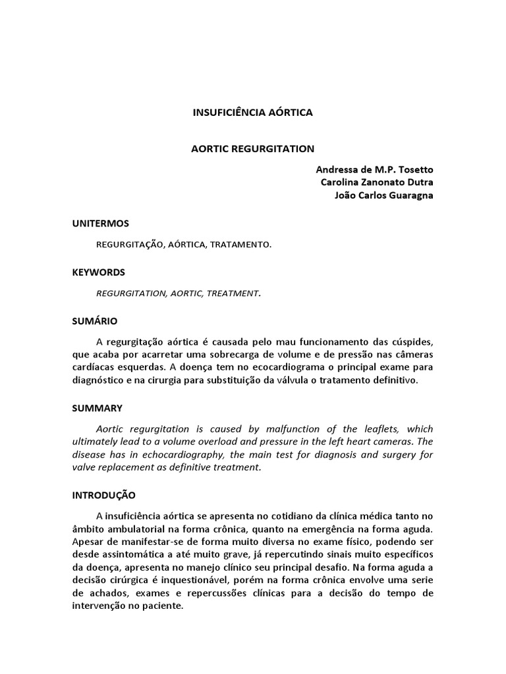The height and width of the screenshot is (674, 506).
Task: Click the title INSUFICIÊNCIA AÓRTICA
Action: coord(252,113)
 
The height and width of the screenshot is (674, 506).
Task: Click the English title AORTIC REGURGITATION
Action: coord(252,149)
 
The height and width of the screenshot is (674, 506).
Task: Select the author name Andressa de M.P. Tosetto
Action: coord(374,169)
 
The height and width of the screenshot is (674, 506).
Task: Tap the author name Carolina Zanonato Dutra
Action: coord(376,182)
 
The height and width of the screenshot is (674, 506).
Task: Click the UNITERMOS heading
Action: coord(101,224)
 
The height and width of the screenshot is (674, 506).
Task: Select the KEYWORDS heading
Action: coord(99,272)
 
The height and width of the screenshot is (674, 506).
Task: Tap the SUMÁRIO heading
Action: coord(95,321)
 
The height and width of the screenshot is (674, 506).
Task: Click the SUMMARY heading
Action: coord(97,408)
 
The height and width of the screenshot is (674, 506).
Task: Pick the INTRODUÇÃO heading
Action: coord(104,494)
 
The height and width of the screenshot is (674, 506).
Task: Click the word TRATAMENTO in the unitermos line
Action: coord(241,244)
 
